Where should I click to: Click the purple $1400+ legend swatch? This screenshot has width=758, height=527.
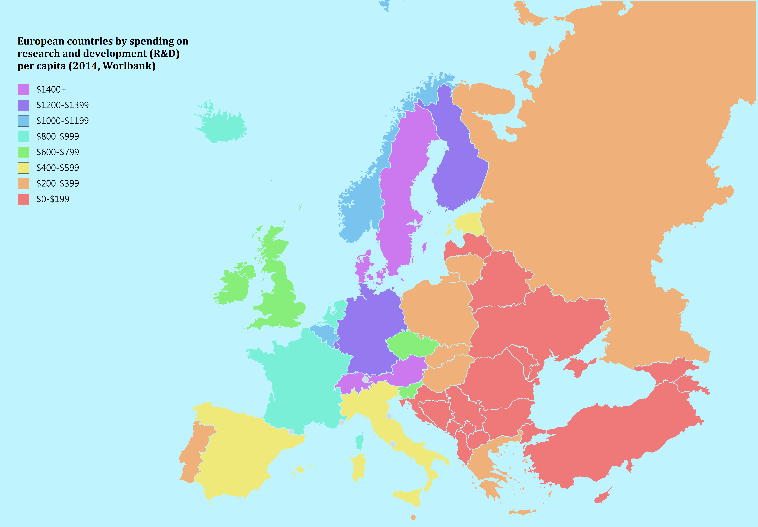pos(23,89)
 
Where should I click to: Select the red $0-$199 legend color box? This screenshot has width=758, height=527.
pos(23,199)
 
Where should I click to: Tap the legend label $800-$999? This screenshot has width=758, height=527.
pos(58,136)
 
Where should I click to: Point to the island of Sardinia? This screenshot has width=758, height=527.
pos(359,467)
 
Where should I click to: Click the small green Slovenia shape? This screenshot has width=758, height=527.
pos(409,392)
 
